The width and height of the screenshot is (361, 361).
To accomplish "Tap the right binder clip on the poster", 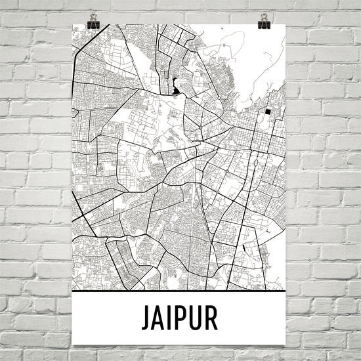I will (x=264, y=24).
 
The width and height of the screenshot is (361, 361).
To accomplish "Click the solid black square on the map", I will (x=268, y=112).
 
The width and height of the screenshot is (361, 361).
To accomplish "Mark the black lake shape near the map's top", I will (x=175, y=86).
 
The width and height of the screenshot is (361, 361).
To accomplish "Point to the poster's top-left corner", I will (x=72, y=25).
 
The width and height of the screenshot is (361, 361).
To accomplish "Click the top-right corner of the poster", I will (x=287, y=25).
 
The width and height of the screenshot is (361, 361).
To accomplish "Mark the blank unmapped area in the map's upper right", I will (x=256, y=59).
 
